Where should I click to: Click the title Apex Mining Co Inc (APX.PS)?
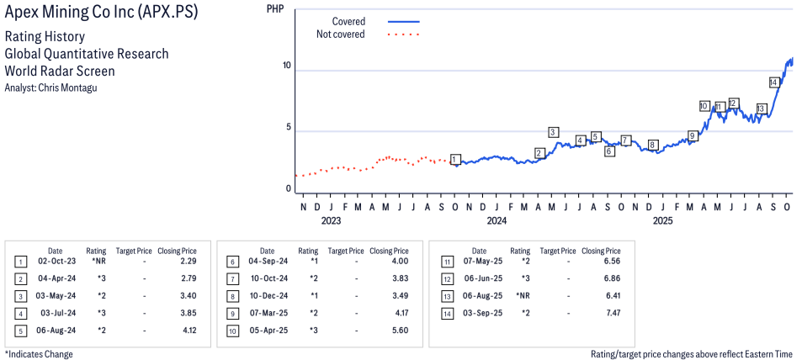pyautogui.click(x=101, y=13)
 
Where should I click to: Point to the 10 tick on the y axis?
pyautogui.click(x=287, y=66)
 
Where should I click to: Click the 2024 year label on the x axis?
pyautogui.click(x=496, y=221)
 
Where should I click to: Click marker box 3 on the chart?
pyautogui.click(x=553, y=132)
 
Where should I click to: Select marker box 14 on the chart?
pyautogui.click(x=774, y=82)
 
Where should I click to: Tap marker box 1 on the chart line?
pyautogui.click(x=455, y=159)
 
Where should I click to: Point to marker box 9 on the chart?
pyautogui.click(x=693, y=135)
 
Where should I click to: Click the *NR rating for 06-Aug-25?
pyautogui.click(x=522, y=296)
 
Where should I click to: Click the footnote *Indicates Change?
pyautogui.click(x=39, y=354)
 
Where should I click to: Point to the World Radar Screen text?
pyautogui.click(x=60, y=71)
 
